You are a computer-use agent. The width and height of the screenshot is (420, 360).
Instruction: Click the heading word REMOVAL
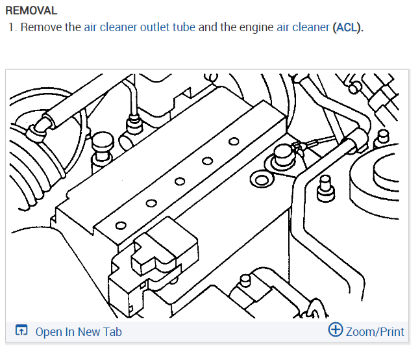(31, 11)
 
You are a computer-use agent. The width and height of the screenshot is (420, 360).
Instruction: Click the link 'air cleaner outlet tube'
(140, 29)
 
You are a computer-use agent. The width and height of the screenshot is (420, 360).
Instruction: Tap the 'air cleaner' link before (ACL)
(303, 29)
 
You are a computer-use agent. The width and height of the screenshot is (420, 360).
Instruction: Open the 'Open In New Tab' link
(79, 331)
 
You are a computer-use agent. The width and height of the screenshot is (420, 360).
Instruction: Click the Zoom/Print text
(375, 331)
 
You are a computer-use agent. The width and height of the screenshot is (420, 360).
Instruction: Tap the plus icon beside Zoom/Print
(336, 329)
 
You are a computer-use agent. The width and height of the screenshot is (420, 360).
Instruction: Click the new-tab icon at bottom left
(21, 331)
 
